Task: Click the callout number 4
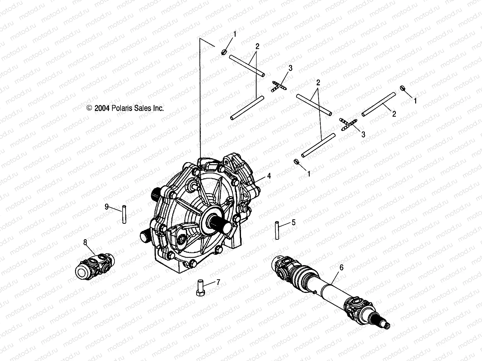point(269,175)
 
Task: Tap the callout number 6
point(341,267)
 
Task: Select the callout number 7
point(218,282)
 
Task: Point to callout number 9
point(106,206)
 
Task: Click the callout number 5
point(293,222)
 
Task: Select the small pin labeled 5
point(277,230)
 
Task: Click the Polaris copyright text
point(125,108)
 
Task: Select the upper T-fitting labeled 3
point(279,87)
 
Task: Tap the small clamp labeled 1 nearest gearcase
point(296,162)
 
